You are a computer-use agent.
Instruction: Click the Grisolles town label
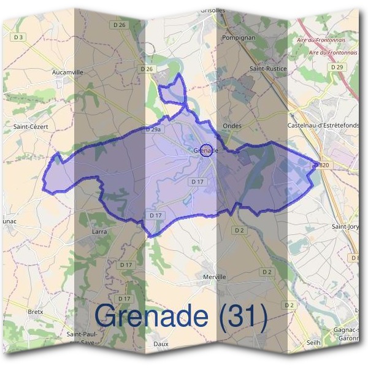pos(213,10)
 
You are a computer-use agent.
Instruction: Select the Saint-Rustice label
pos(268,69)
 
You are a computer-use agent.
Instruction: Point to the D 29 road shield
pos(335,67)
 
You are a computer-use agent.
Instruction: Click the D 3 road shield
pos(18,37)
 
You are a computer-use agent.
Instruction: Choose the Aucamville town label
pos(67,72)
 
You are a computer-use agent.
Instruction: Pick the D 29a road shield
pos(153,130)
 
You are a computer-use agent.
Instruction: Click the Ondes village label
pos(232,126)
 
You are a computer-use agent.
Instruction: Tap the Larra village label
pos(99,232)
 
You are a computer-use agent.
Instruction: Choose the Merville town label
pos(214,277)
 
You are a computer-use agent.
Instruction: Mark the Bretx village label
pos(36,312)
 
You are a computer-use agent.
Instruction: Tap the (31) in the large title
pos(240,316)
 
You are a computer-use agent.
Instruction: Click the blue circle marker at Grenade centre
pos(207,150)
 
